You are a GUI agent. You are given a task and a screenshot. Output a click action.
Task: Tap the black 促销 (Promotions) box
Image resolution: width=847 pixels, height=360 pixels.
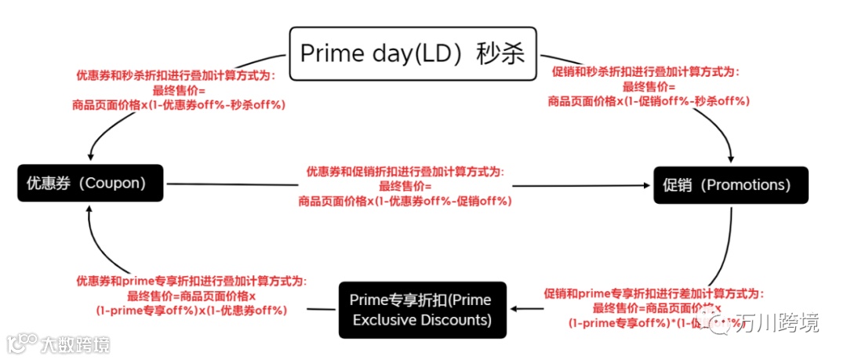coord(730,185)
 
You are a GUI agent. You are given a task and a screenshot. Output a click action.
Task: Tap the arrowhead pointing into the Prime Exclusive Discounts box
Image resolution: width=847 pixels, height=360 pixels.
coord(513,310)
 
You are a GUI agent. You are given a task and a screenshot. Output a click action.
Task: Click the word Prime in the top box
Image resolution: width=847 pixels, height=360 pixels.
coord(329,53)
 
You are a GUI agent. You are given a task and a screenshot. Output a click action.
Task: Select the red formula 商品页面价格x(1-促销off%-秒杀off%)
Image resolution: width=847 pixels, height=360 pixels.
coord(649,100)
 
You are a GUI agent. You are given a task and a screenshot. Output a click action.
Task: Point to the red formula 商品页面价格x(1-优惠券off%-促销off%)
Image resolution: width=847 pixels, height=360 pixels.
coord(405,201)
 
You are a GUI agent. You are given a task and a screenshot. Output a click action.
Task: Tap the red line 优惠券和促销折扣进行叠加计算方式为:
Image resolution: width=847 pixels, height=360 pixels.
coord(405,171)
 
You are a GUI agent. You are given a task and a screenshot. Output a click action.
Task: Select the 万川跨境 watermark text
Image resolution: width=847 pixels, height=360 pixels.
coord(776,322)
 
